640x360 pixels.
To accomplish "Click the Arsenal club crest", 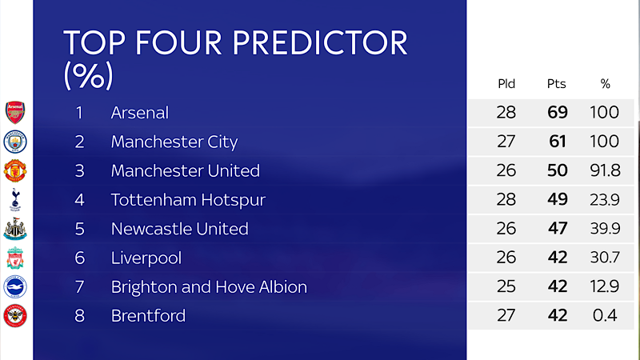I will pos(15,112).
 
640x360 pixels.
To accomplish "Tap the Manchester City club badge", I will pos(15,142).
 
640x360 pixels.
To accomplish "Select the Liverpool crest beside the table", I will pos(15,258).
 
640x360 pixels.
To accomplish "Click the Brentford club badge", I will pos(15,315).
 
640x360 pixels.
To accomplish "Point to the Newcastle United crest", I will pos(15,229).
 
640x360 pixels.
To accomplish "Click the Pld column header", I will pos(506,84).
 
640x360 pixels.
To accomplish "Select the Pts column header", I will pos(557,84).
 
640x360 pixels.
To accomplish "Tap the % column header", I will pos(605,84).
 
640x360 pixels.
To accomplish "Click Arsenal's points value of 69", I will pos(557,113).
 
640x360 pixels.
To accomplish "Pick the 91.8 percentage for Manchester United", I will pos(605,170).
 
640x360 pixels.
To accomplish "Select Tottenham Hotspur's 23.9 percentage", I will pos(605,200).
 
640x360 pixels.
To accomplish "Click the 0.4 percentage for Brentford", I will pos(605,315).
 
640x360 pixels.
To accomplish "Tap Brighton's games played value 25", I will pos(506,286).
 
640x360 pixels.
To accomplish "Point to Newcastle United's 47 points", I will pos(557,229).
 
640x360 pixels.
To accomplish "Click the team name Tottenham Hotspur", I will pos(188,200).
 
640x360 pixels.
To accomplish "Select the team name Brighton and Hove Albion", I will pos(209,286).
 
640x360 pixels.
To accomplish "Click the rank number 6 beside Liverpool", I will pos(79,258).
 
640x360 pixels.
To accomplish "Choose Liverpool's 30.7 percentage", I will pos(605,258).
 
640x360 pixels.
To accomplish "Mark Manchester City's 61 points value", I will pos(557,142).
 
